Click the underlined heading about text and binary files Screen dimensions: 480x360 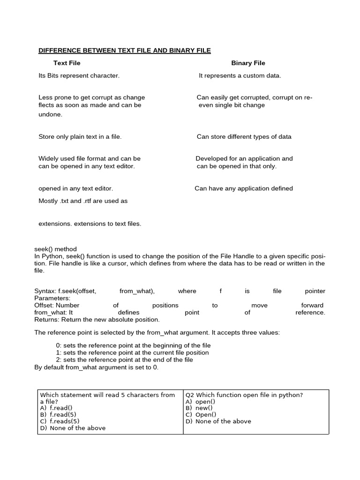pos(124,50)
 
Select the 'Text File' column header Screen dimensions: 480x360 pos(67,63)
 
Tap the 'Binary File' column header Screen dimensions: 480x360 pos(248,63)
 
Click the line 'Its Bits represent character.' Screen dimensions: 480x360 pos(79,75)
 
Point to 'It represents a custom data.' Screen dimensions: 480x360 pos(240,75)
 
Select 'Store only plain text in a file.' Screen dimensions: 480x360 pos(80,137)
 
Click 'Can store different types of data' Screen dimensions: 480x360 pos(244,137)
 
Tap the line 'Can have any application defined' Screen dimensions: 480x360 pos(244,188)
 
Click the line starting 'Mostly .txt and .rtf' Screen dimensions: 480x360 pos(83,201)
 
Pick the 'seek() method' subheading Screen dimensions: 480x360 pos(55,249)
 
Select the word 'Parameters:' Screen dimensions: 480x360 pos(52,298)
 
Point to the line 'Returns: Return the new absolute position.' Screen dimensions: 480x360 pos(97,320)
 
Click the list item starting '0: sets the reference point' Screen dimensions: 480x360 pos(133,345)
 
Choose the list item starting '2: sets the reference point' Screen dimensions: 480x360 pos(124,360)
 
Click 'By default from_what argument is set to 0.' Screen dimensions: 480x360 pos(97,367)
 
